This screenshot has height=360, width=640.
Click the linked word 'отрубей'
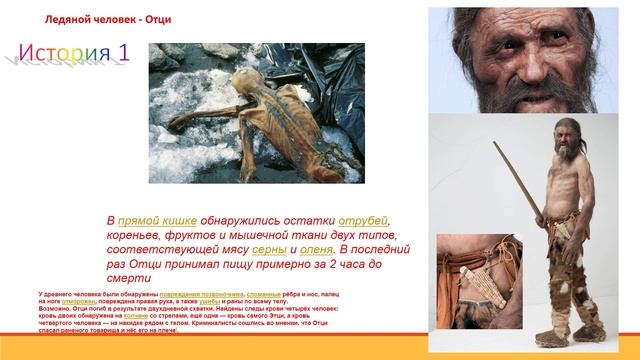pos(366,220)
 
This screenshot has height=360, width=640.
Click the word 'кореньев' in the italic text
pos(141,238)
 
